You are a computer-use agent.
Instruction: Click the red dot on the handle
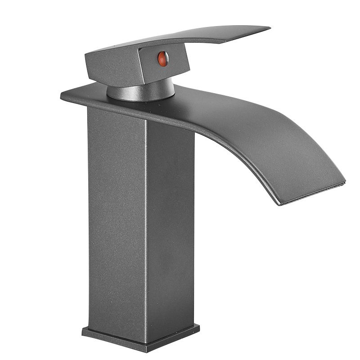(x=163, y=59)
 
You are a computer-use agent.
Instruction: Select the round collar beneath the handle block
(x=140, y=91)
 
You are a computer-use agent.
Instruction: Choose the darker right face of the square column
(x=171, y=225)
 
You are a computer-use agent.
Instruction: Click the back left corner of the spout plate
(x=62, y=95)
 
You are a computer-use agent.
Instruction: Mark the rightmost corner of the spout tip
(x=345, y=182)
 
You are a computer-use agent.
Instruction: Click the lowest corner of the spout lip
(x=281, y=205)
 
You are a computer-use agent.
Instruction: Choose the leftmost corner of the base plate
(x=83, y=332)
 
